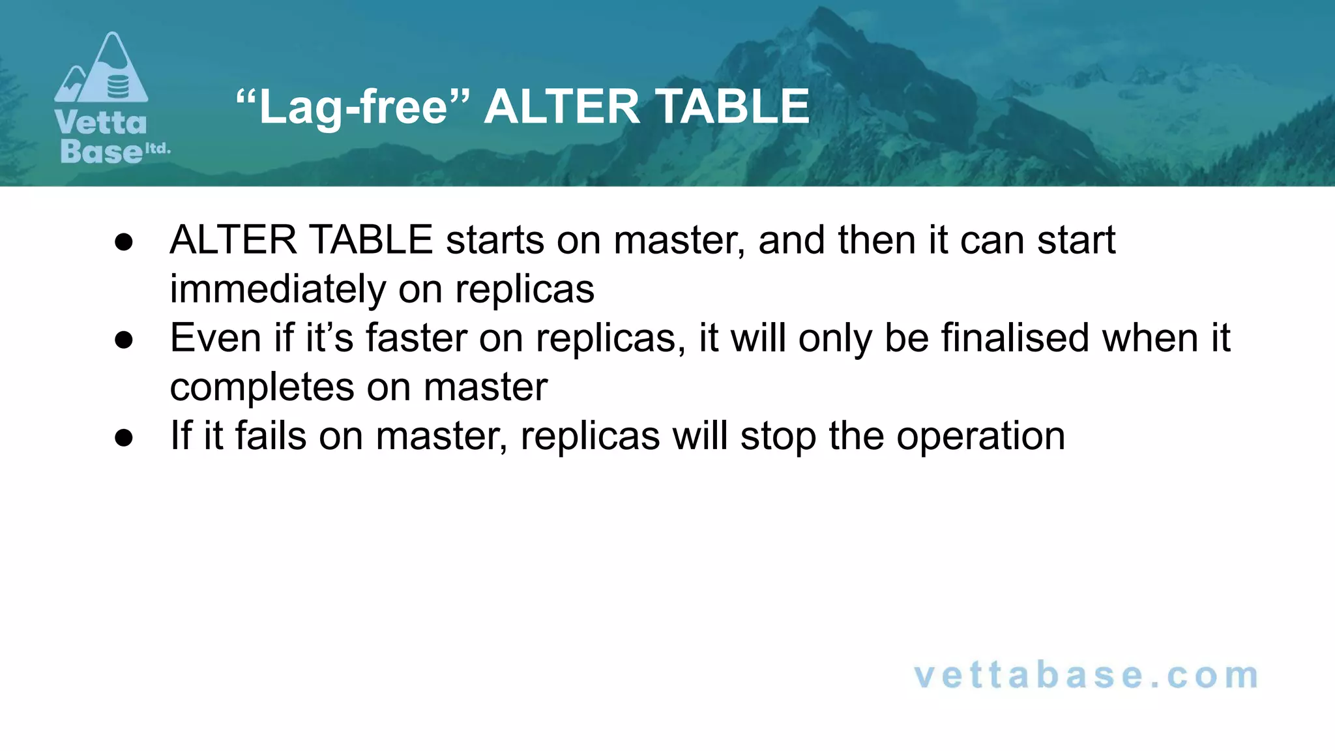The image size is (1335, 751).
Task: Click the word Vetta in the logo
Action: coord(101,123)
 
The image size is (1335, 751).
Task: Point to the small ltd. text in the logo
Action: coord(157,149)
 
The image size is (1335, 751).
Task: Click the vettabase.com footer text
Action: coord(1086,675)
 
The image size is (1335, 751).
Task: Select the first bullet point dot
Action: coord(124,242)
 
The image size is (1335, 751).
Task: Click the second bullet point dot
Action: coord(124,340)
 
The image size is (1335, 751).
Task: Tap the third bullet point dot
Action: coord(124,437)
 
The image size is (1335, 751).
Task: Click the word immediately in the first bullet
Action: coord(277,289)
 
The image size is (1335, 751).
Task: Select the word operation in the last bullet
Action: coord(980,435)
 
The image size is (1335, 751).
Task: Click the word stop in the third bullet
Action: coord(778,435)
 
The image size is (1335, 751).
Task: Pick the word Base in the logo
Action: coord(101,151)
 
